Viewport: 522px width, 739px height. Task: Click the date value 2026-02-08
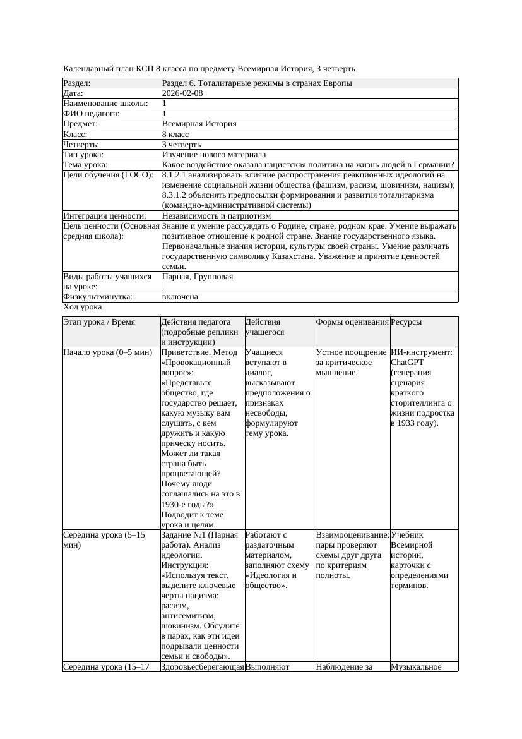click(x=182, y=93)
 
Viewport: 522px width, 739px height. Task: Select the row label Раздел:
click(x=77, y=83)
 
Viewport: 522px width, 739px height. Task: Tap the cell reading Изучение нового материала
click(x=214, y=154)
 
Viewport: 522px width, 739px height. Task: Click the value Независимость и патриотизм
click(x=217, y=215)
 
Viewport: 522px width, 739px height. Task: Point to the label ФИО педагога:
click(x=92, y=114)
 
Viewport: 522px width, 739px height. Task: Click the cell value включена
click(x=180, y=296)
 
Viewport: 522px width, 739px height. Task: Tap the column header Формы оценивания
click(x=352, y=321)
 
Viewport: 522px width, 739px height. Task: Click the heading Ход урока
click(x=83, y=306)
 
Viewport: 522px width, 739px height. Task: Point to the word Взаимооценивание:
click(x=352, y=534)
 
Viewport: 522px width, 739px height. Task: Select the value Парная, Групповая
click(x=198, y=276)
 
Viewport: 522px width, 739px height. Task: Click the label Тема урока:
click(x=86, y=164)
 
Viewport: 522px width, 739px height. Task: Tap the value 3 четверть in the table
click(x=181, y=144)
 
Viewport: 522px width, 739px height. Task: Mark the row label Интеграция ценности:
click(x=100, y=215)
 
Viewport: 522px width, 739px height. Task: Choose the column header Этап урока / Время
click(x=99, y=321)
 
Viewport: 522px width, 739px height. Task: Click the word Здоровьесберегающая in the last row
click(x=203, y=666)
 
